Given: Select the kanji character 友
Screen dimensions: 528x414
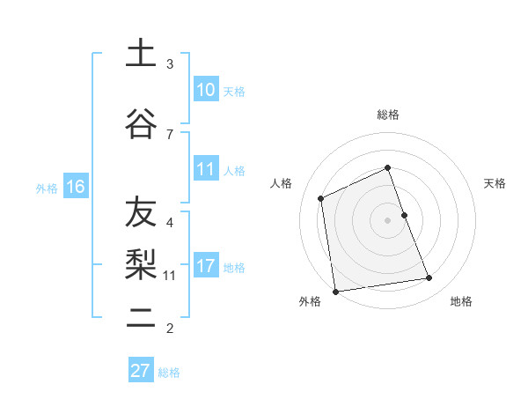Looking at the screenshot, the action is [140, 211].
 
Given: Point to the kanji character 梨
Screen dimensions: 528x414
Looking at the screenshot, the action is [140, 263].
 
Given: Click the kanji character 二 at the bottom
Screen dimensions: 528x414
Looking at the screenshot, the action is [140, 316].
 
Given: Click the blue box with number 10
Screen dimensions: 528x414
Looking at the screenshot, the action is [206, 91].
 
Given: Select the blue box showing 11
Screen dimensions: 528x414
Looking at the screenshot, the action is [206, 170].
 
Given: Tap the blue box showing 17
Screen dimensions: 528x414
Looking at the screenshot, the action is [206, 266].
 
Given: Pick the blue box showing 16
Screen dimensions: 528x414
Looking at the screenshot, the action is [75, 187].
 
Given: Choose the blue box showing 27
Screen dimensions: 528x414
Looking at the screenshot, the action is [141, 370].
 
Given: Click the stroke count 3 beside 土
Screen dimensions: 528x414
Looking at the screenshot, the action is [170, 64].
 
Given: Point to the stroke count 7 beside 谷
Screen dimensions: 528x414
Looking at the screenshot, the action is [170, 134].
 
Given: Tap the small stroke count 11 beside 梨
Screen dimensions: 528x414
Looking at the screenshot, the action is [170, 276].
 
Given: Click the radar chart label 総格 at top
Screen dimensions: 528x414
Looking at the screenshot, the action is [387, 115].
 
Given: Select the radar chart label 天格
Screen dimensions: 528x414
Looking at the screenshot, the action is [495, 183].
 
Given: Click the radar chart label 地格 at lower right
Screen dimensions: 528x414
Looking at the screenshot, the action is [461, 301].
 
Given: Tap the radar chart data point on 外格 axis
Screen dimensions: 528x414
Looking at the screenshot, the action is [335, 291].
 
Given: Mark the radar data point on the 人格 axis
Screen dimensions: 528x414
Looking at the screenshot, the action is [321, 198].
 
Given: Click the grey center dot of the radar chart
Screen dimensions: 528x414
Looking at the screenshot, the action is [387, 219].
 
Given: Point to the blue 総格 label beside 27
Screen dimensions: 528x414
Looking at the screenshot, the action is [169, 373].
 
